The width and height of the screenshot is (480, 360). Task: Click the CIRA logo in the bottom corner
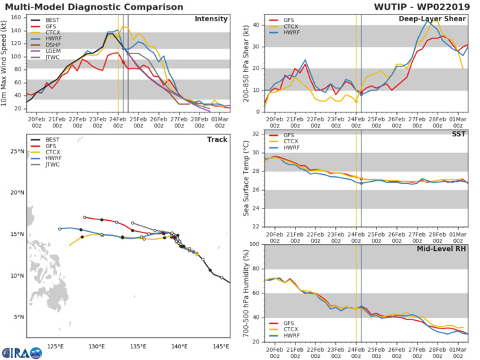click(15, 350)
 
